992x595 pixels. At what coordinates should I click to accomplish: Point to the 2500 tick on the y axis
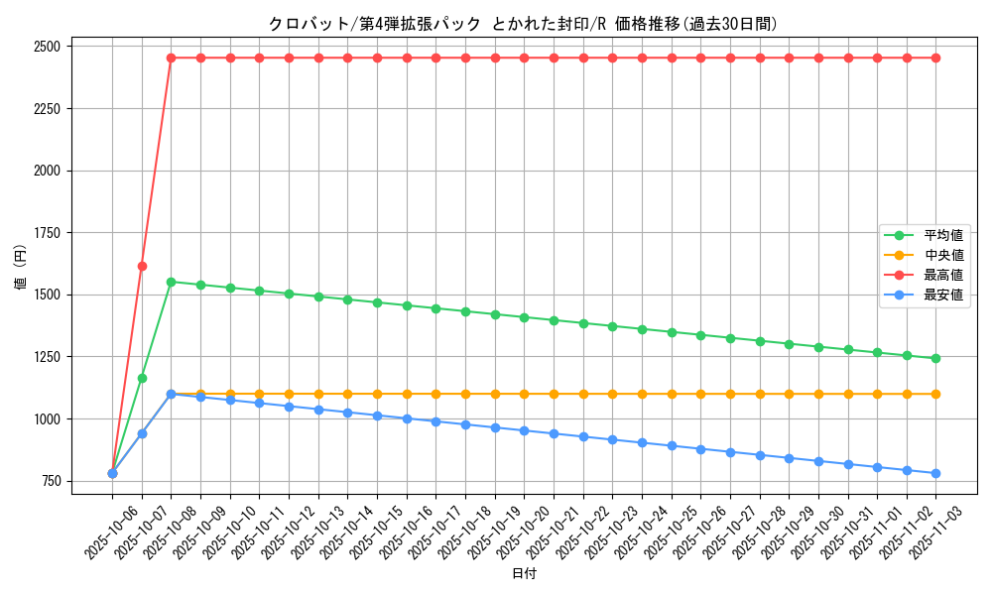click(x=46, y=47)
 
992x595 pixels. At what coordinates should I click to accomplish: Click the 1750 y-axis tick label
click(x=46, y=233)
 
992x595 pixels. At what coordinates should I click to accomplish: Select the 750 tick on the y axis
click(x=49, y=482)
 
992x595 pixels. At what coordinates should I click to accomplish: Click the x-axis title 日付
click(x=524, y=573)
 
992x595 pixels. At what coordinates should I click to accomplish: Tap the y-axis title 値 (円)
click(x=21, y=268)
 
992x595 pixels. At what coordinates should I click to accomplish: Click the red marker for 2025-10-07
click(x=142, y=266)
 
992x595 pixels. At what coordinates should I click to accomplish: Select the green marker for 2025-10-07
click(x=142, y=378)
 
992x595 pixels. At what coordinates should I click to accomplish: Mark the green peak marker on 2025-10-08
click(x=171, y=282)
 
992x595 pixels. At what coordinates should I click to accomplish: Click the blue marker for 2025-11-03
click(x=935, y=473)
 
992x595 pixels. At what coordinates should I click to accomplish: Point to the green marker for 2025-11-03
click(x=935, y=358)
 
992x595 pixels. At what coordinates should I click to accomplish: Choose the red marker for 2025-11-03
click(x=935, y=58)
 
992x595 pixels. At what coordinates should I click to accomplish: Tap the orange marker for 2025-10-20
click(x=524, y=394)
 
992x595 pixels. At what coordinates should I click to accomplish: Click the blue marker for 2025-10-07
click(x=142, y=433)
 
